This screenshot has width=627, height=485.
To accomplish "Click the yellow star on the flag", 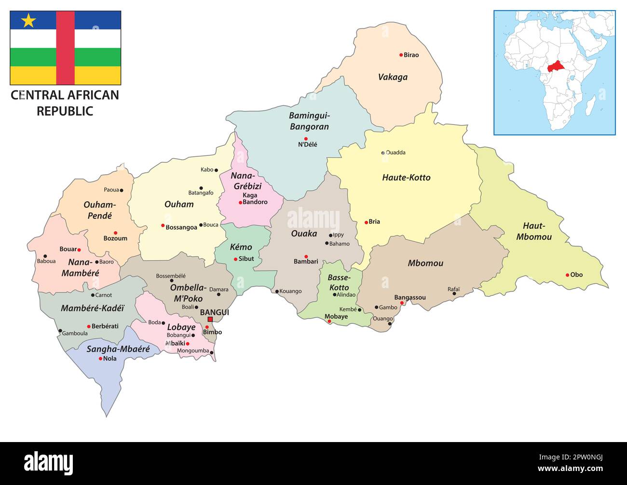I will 29,20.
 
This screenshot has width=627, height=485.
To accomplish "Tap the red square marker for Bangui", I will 210,319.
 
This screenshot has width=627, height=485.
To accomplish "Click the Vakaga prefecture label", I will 393,77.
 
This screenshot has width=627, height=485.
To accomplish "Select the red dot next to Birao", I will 401,55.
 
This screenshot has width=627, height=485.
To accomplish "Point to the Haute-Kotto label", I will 406,178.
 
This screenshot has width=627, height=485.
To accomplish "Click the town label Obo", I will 576,275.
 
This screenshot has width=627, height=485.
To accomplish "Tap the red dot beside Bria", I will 366,222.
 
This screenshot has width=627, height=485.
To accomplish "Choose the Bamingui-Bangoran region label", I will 309,121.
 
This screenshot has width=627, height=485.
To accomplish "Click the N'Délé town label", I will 308,144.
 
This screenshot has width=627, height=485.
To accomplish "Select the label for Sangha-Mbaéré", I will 118,349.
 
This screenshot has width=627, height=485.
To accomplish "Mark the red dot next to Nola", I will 100,359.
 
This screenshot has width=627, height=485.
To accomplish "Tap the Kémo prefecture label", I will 241,247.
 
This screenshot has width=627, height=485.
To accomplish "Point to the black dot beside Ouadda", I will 383,153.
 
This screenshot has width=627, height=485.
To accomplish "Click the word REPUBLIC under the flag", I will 65,111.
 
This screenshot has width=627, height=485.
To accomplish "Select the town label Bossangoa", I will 181,227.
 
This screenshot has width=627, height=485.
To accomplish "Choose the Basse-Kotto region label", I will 339,282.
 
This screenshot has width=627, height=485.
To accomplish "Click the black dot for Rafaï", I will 454,293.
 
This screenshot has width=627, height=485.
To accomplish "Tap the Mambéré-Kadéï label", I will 93,308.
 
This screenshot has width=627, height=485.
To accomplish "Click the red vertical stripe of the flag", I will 65,48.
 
